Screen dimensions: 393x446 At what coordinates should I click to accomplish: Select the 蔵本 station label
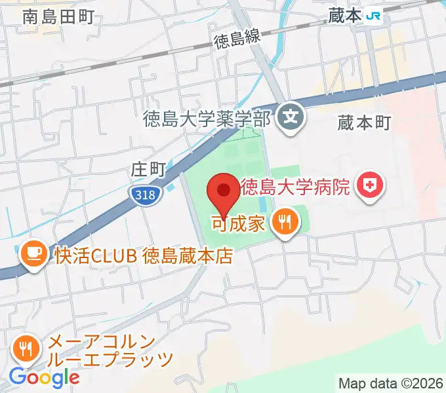pos(345,16)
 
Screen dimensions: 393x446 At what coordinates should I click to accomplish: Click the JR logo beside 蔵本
pos(374,16)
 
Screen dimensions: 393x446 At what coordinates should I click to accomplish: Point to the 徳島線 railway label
pos(237,39)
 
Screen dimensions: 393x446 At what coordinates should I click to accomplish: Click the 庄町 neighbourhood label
pos(147,170)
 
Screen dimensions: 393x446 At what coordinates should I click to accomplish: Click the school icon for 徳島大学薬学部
pos(291,117)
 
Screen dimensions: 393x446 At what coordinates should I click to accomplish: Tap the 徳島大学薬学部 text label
pos(207,119)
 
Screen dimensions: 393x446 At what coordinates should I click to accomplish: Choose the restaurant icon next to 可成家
pos(285,223)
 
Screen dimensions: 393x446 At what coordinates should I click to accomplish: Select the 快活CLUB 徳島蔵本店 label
pos(143,255)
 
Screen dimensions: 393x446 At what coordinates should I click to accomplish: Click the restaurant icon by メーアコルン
pos(26,349)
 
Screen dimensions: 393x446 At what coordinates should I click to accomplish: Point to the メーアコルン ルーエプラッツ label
pos(110,350)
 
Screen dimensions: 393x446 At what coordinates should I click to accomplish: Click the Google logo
pos(44,378)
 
